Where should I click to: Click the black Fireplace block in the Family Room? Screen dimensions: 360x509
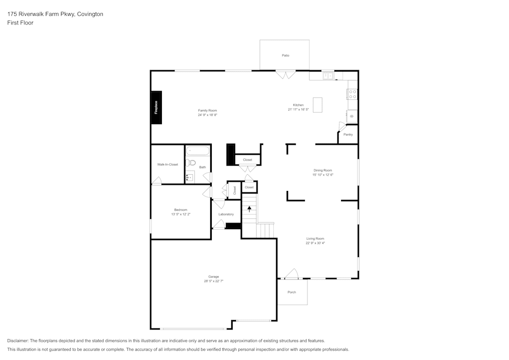[x=156, y=107]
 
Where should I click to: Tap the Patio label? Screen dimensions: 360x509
[x=286, y=55]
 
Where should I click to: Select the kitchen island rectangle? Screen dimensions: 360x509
[x=318, y=105]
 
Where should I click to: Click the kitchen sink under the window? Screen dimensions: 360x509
[x=328, y=76]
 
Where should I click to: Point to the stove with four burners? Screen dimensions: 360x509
[x=352, y=94]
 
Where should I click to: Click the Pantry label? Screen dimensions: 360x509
[x=348, y=134]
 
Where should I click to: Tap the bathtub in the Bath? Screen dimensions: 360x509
[x=197, y=151]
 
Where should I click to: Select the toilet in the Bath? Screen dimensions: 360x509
[x=190, y=163]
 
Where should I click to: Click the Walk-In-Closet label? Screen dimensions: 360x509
[x=167, y=164]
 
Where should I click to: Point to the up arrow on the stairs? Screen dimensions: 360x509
[x=249, y=208]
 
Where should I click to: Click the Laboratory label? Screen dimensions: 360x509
[x=226, y=214]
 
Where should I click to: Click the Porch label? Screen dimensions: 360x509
[x=292, y=292]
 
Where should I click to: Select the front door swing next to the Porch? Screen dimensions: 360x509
[x=291, y=274]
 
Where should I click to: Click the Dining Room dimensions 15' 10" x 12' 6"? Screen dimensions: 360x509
[x=323, y=175]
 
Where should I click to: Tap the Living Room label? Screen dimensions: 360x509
[x=315, y=238]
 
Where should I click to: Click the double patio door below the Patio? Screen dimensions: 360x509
[x=286, y=75]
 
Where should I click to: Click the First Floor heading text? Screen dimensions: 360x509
[x=20, y=23]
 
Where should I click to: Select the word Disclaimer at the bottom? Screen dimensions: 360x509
[x=18, y=341]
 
